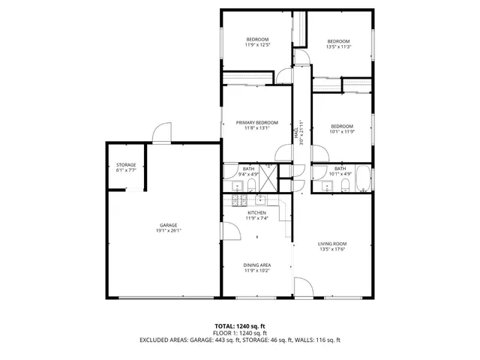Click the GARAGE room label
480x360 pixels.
click(167, 225)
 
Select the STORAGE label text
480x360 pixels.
click(126, 164)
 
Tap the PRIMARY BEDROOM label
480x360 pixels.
click(256, 122)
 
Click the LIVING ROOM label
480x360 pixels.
click(331, 243)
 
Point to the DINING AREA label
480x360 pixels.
click(256, 265)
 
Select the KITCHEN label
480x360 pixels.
click(257, 212)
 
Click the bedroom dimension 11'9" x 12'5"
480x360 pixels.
click(257, 45)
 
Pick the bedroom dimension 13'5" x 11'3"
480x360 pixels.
click(338, 46)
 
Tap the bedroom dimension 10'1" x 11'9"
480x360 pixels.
click(340, 132)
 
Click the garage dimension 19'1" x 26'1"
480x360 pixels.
click(167, 230)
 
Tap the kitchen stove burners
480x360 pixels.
click(239, 200)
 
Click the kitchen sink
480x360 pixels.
click(260, 199)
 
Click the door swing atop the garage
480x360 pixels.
click(160, 133)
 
